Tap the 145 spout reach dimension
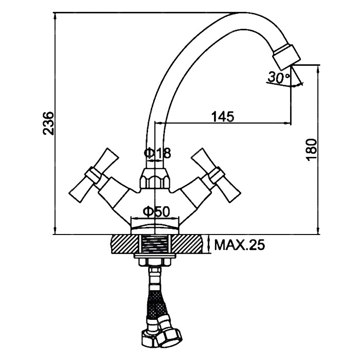coord(223,116)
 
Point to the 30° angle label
coord(278,78)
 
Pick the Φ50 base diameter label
coord(155,211)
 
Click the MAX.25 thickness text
coord(239,245)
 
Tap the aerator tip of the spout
coord(286,56)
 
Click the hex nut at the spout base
coord(154,180)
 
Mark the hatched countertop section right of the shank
coord(191,244)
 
